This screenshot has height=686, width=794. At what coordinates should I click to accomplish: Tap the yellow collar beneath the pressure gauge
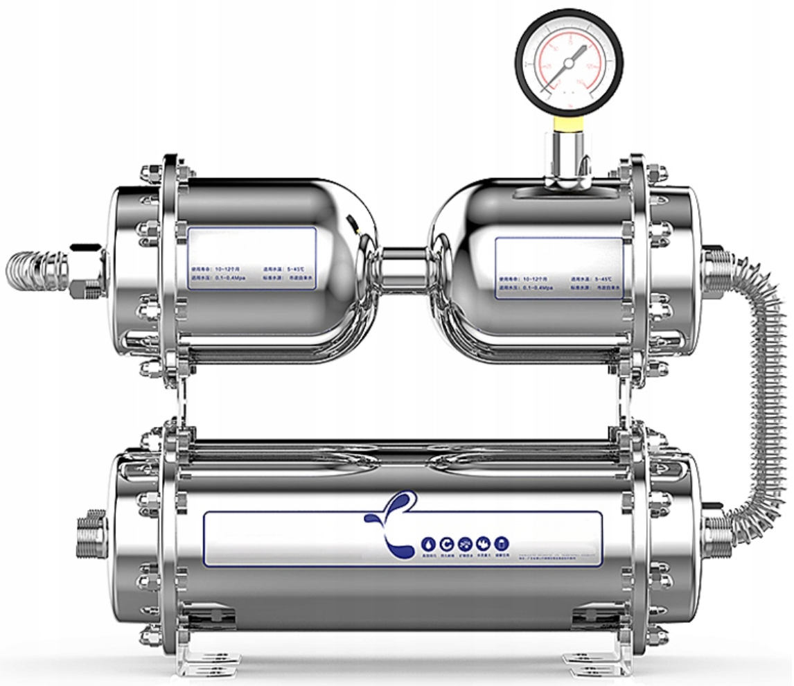point(567,124)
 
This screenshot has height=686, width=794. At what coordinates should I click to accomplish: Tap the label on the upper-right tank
point(558,267)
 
